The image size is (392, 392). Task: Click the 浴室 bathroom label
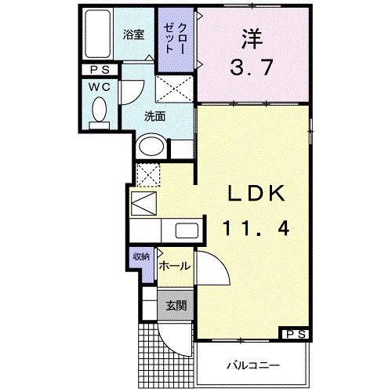coord(133,34)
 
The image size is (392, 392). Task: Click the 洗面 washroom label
coord(154,116)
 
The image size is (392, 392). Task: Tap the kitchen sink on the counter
coord(187,231)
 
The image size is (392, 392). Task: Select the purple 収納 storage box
coord(141,258)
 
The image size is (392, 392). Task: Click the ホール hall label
coord(174,267)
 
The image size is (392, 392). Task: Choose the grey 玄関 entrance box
coord(176,305)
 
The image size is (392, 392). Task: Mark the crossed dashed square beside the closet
coord(174,89)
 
